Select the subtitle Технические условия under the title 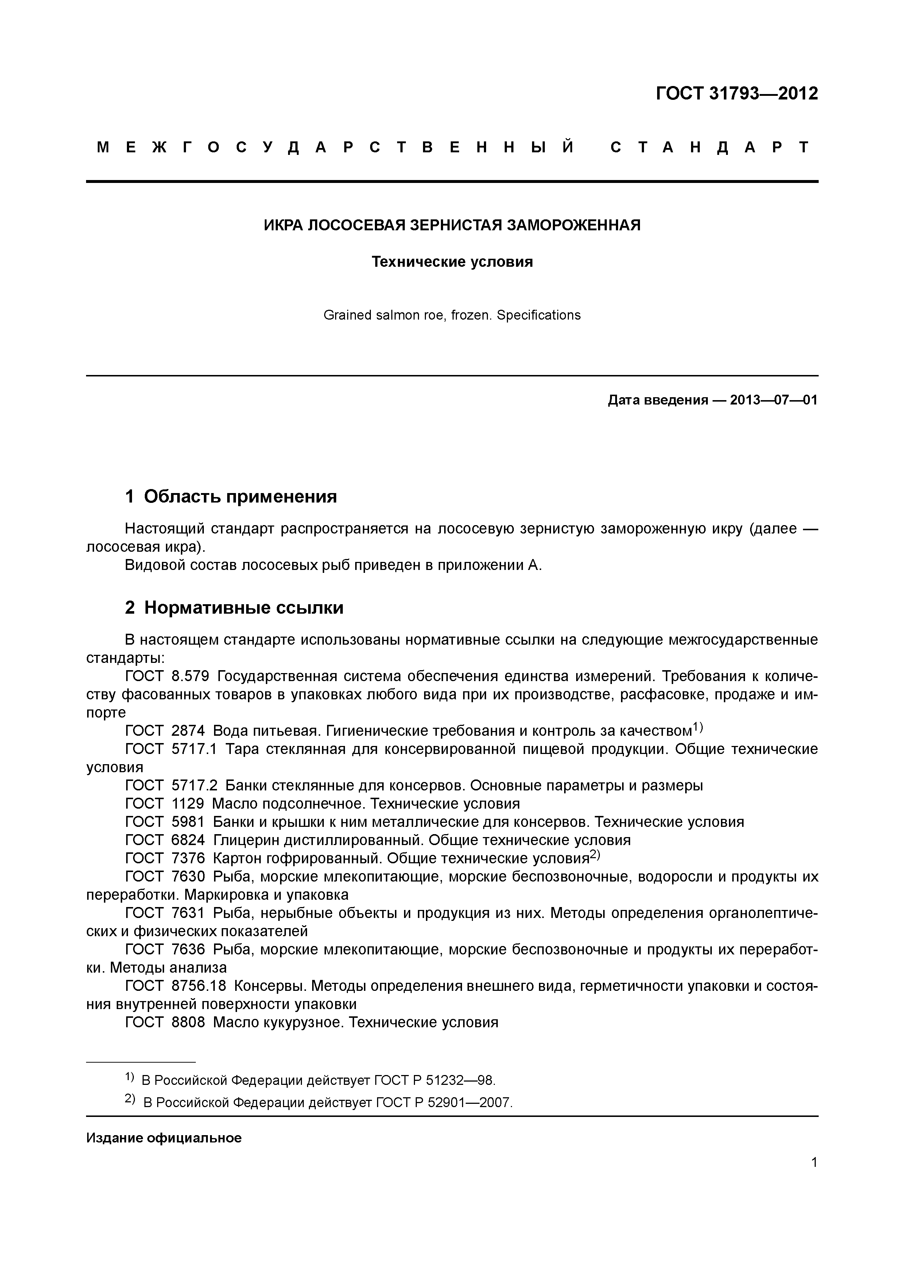tap(452, 262)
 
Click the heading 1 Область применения tap(231, 496)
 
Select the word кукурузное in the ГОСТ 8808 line tap(302, 1022)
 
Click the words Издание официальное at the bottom tap(164, 1138)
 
